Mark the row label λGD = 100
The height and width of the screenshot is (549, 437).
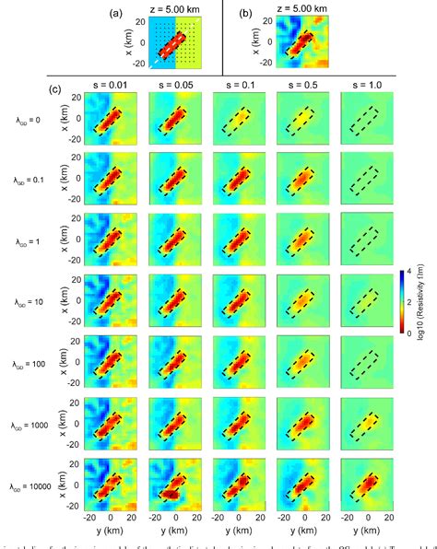tap(24, 362)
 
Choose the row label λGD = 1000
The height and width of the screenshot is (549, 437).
tap(23, 422)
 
